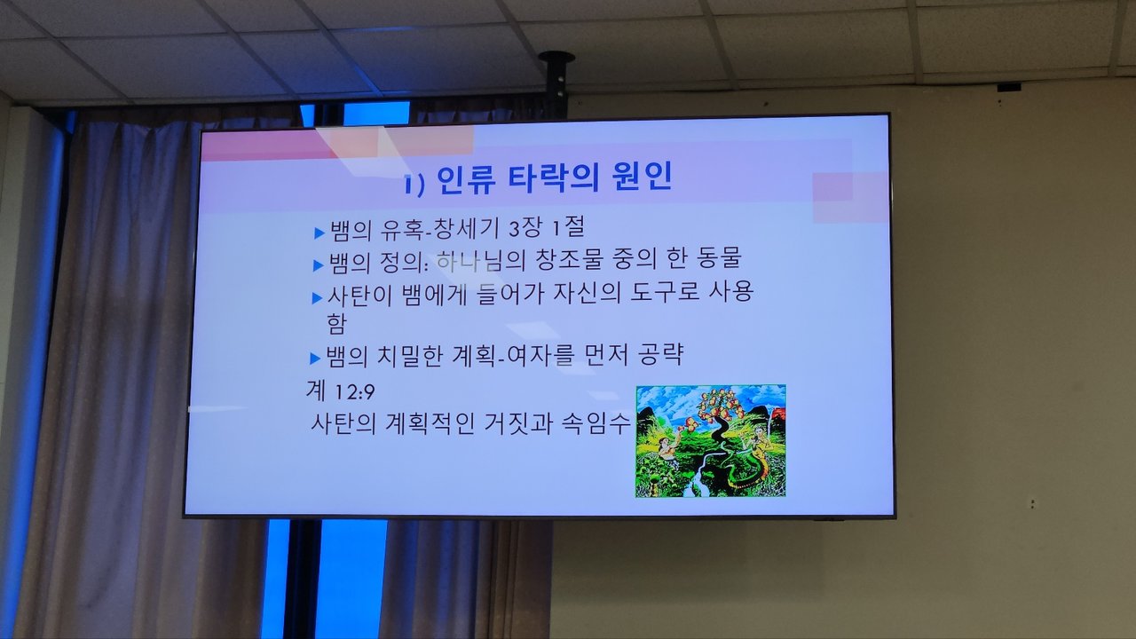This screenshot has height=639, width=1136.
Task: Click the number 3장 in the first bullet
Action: [x=525, y=228]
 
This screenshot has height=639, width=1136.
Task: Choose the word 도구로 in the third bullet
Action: [x=665, y=292]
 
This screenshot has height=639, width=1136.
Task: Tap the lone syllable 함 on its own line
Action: [x=336, y=323]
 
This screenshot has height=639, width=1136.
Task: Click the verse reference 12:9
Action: [x=354, y=392]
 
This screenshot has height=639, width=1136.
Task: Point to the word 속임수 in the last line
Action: [x=596, y=422]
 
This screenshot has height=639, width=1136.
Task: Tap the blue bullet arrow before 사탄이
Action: [x=317, y=298]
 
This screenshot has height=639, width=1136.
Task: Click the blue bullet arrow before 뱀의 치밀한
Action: [x=315, y=359]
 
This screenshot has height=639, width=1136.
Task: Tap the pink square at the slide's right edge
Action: [x=850, y=198]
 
